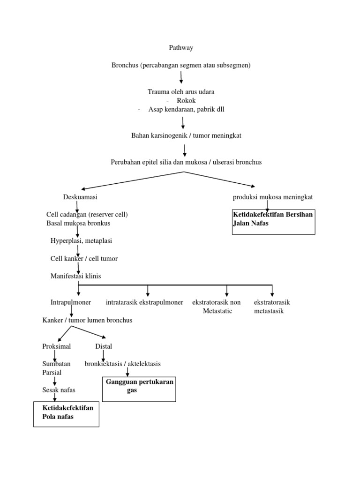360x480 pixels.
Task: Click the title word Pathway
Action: (x=180, y=48)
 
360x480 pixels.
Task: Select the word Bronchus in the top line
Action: (x=124, y=65)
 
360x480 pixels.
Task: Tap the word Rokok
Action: (x=186, y=100)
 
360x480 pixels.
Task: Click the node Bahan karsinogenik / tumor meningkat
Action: (x=186, y=135)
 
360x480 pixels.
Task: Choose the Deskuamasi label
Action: (x=80, y=197)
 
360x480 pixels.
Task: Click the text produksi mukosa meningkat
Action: (x=273, y=197)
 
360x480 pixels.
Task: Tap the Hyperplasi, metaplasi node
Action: (x=81, y=240)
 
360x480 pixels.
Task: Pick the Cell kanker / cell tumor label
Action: (x=84, y=258)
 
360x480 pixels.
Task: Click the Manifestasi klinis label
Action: (x=75, y=276)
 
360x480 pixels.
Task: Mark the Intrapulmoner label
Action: (x=70, y=302)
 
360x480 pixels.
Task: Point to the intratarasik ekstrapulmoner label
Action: (x=144, y=302)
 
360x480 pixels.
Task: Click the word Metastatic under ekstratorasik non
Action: (x=217, y=311)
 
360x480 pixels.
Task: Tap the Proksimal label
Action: (x=56, y=346)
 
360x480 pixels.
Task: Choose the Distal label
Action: (x=104, y=346)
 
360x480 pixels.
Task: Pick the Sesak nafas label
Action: (x=59, y=390)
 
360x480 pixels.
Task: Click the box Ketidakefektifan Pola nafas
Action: (x=67, y=412)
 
